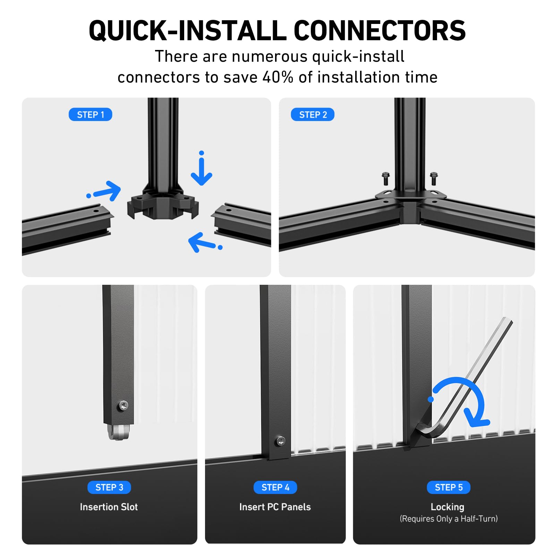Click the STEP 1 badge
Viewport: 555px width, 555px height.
coord(90,114)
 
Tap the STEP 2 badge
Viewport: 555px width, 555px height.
coord(313,114)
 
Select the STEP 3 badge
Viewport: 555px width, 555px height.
coord(109,487)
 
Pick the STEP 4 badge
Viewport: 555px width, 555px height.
coord(275,487)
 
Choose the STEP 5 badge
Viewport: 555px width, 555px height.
coord(449,487)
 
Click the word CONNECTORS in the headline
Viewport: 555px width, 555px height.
coord(379,31)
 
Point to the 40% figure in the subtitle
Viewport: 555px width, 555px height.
coord(278,77)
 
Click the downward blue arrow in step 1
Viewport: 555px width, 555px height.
coord(202,168)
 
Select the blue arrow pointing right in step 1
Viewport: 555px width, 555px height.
coord(104,191)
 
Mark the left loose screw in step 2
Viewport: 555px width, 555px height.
coord(385,179)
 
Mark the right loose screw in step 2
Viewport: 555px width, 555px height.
coord(434,179)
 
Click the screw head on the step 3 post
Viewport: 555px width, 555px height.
coord(123,405)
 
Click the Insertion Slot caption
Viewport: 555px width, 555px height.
coord(109,507)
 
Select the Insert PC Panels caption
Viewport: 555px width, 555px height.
coord(275,507)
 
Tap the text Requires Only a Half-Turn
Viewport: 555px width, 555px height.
coord(449,519)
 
